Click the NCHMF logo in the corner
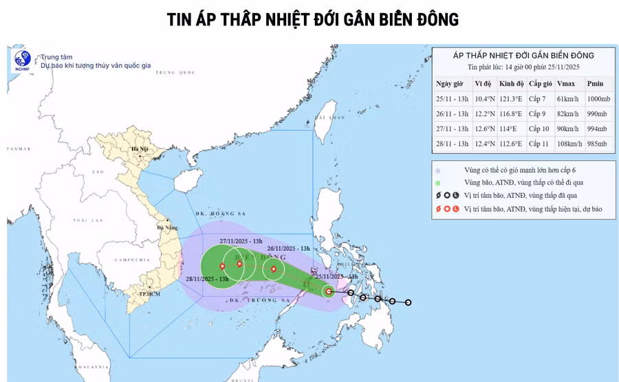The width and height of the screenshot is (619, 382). pyautogui.click(x=22, y=60)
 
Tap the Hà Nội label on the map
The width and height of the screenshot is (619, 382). pyautogui.click(x=140, y=149)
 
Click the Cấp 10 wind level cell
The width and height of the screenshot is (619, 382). pyautogui.click(x=541, y=128)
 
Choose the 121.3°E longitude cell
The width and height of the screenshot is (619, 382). pyautogui.click(x=511, y=99)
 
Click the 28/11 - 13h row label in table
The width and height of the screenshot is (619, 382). pyautogui.click(x=452, y=144)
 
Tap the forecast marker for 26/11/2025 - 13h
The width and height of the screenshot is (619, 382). pyautogui.click(x=274, y=269)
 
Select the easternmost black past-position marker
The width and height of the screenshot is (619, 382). pyautogui.click(x=408, y=302)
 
